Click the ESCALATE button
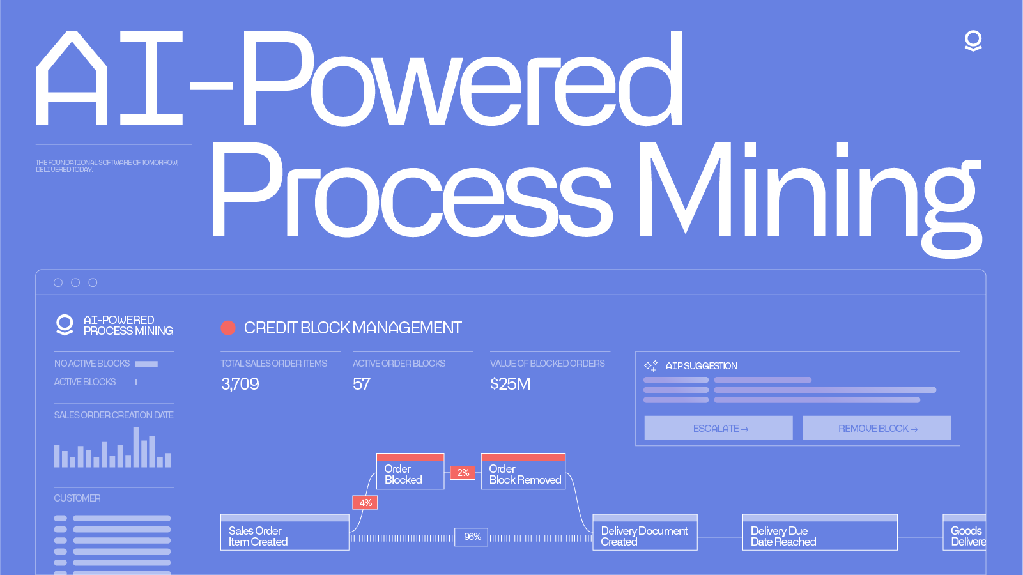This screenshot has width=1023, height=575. click(718, 428)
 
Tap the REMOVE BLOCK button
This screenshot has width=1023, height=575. click(876, 428)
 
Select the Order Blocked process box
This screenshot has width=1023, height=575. click(410, 473)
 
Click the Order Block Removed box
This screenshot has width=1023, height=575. click(523, 473)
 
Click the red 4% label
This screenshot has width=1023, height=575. click(365, 503)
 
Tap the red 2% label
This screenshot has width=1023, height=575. click(463, 473)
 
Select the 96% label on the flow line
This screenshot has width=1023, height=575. click(472, 537)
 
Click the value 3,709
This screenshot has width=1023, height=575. click(240, 384)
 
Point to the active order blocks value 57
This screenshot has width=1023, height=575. click(362, 384)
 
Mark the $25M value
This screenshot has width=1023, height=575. click(510, 384)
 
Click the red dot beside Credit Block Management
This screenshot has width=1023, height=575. click(228, 328)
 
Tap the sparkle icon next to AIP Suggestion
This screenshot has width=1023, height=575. click(650, 366)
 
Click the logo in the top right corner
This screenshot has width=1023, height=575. click(973, 41)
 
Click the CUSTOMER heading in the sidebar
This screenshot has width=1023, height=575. click(77, 498)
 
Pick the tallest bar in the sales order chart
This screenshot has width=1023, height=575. click(136, 447)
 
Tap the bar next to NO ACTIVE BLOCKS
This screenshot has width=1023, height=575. click(146, 364)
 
